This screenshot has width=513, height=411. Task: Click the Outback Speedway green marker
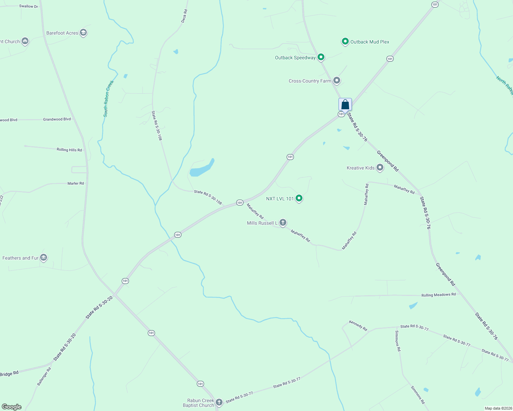coord(321,57)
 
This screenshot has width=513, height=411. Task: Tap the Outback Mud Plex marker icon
coord(345,41)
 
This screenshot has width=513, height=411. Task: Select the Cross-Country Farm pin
coord(337,80)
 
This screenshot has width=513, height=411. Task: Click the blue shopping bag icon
coord(345,104)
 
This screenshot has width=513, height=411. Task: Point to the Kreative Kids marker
coord(380,167)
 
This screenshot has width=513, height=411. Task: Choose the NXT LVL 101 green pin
coord(299,198)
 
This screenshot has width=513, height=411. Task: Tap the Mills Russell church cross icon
coord(283,223)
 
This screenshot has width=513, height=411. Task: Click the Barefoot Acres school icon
coord(83,33)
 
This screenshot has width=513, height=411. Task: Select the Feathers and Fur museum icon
coord(43,258)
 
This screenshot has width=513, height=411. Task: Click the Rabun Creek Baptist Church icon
coord(219,402)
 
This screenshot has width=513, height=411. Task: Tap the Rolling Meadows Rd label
coord(439,295)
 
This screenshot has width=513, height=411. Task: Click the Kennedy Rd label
coord(358,325)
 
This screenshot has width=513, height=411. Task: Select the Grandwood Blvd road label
coord(57,119)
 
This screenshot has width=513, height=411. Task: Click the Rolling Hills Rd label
coord(69,150)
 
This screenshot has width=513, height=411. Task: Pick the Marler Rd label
coord(76,183)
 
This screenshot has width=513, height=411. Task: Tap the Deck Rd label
coord(184,16)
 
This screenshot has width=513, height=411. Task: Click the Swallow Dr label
coord(28,6)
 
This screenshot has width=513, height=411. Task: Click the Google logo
coord(12,407)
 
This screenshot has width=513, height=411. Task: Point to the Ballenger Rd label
coord(44,376)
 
